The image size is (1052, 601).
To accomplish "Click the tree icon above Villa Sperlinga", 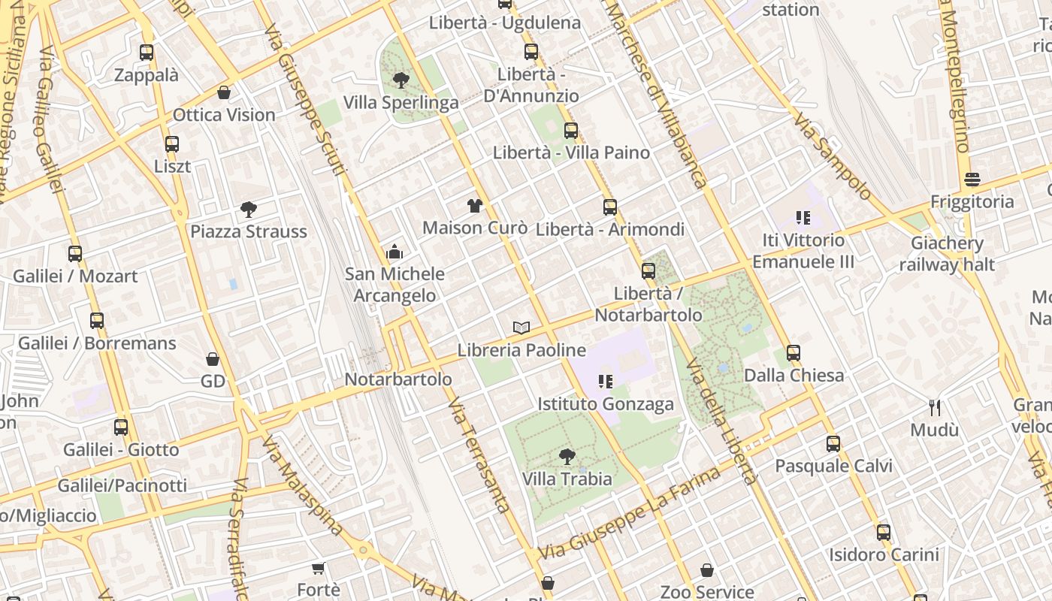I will click(x=401, y=80).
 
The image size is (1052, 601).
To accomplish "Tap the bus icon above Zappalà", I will click(x=147, y=53).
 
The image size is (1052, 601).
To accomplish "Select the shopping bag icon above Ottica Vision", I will click(x=224, y=92).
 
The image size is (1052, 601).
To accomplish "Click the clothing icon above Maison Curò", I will click(x=474, y=205).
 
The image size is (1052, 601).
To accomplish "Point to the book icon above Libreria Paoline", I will click(x=521, y=328).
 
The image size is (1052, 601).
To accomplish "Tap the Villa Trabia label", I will click(x=567, y=479).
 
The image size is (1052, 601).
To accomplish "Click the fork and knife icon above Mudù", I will click(x=935, y=408).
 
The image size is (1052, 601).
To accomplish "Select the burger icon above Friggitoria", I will click(x=972, y=180).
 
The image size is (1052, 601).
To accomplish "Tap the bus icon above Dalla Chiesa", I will click(x=794, y=352).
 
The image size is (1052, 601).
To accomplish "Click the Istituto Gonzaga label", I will click(x=606, y=404).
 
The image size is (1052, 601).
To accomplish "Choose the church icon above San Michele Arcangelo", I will click(x=394, y=252).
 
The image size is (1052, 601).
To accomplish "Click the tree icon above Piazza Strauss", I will click(x=249, y=210).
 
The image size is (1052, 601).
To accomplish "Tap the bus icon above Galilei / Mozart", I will click(x=75, y=254).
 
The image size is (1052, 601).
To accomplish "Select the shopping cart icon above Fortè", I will click(x=319, y=568).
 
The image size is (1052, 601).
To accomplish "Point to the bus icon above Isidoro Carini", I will click(x=884, y=533).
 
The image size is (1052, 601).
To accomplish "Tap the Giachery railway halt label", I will click(x=947, y=254).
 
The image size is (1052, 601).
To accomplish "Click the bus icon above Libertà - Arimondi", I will click(x=610, y=207).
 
